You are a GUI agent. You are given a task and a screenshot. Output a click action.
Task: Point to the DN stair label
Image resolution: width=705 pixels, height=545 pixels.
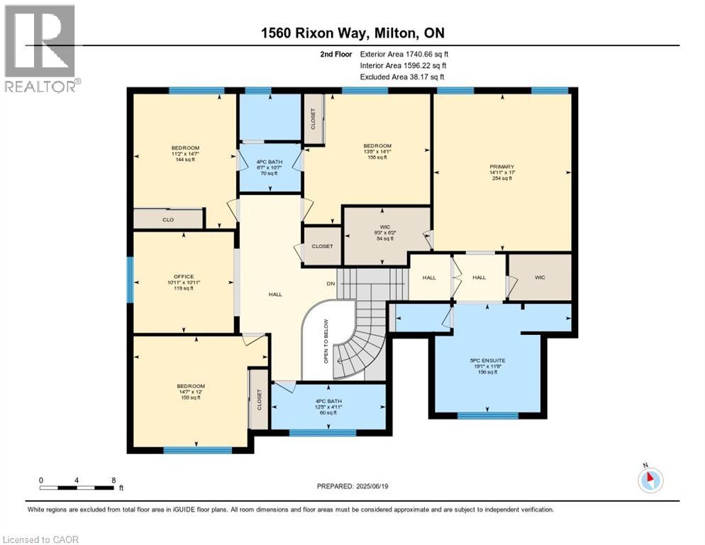[x=330, y=285]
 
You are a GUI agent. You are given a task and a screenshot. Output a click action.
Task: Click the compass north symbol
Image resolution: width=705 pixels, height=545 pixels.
[x=649, y=480]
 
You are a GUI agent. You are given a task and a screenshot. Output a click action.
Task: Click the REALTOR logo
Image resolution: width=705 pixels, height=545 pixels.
[x=40, y=48]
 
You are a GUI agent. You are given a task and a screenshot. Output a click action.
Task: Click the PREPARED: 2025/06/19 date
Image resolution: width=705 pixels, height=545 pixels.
[x=354, y=486]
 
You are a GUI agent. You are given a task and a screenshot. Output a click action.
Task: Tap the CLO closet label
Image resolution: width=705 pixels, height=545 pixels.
[x=168, y=220]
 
